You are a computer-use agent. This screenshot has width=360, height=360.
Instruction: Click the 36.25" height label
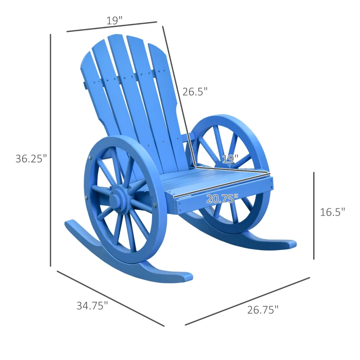pyautogui.click(x=31, y=158)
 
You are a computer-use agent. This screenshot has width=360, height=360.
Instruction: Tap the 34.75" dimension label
pyautogui.click(x=92, y=306)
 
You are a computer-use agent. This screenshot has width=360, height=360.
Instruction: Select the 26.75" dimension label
pyautogui.click(x=263, y=310)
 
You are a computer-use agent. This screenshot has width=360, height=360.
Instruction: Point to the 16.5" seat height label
pyautogui.click(x=333, y=212)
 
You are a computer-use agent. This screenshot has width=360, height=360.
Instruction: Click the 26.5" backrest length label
pyautogui.click(x=195, y=92)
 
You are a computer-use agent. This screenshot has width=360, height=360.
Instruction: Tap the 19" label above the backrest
pyautogui.click(x=115, y=20)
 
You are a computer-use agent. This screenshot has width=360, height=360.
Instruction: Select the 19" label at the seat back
pyautogui.click(x=230, y=159)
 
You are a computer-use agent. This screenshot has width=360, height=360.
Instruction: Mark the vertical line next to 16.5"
pyautogui.click(x=314, y=216)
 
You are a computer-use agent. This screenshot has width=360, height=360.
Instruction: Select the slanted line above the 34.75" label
pyautogui.click(x=110, y=298)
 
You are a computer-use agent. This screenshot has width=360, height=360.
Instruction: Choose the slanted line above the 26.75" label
pyautogui.click(x=247, y=301)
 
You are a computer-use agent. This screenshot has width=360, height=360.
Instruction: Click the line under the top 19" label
pyautogui.click(x=112, y=27)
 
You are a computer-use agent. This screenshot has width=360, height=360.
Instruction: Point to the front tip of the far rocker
pyautogui.click(x=290, y=244)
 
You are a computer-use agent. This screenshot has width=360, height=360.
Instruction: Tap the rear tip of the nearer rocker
pyautogui.click(x=70, y=224)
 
